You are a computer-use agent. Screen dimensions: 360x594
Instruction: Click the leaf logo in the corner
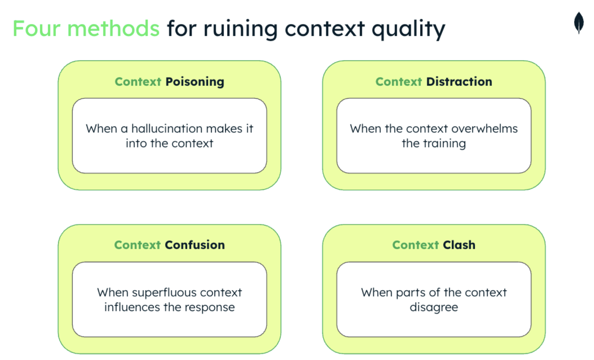tap(579, 23)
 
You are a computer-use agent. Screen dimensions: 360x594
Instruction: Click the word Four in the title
tap(36, 29)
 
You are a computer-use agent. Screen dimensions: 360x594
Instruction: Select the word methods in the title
tap(113, 29)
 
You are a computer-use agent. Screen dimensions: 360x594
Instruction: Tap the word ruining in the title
tap(240, 29)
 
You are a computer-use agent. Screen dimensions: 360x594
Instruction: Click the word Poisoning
tap(195, 82)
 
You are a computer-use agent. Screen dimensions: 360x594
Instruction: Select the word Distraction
tap(459, 82)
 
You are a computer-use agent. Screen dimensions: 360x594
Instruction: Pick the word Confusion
tap(195, 245)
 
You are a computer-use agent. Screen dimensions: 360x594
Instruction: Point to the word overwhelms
tap(485, 129)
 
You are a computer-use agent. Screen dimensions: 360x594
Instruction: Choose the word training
tap(444, 144)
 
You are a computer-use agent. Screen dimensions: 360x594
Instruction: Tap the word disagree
tap(433, 308)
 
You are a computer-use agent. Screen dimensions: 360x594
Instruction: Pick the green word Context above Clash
tap(415, 245)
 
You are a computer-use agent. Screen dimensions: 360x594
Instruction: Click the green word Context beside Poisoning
tap(138, 82)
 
